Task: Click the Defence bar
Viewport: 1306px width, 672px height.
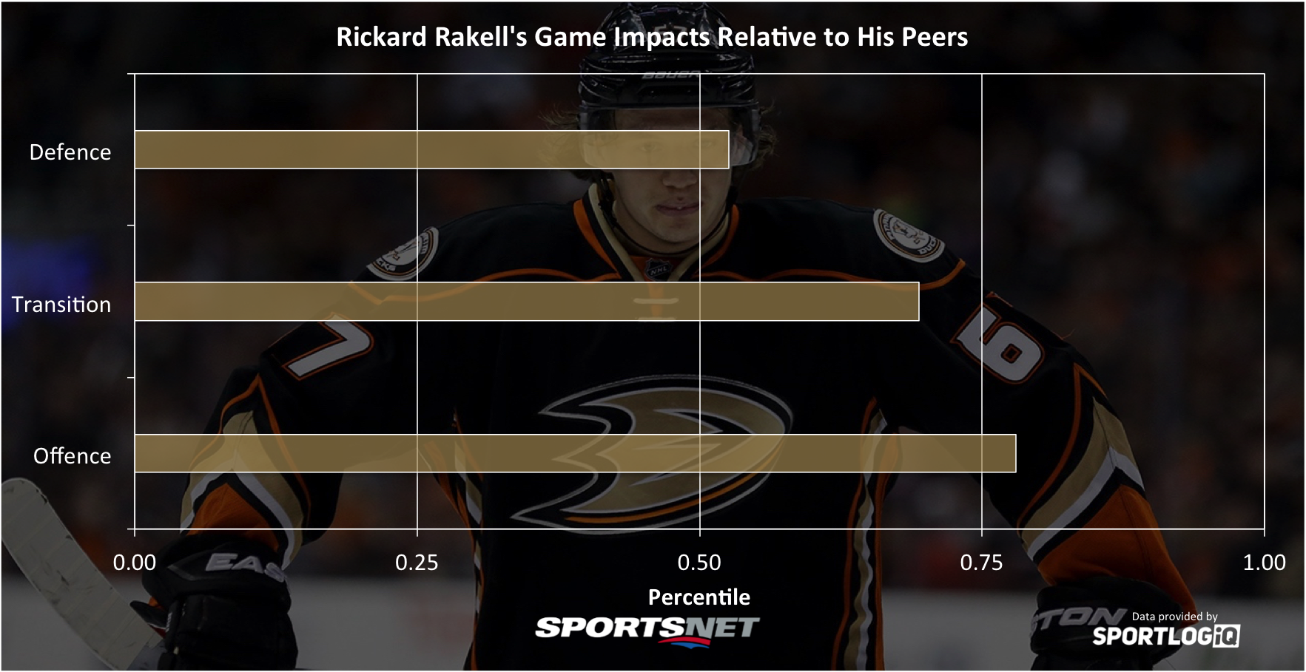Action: click(431, 149)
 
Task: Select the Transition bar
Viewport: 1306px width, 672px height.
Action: click(527, 302)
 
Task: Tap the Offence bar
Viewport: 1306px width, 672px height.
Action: click(575, 453)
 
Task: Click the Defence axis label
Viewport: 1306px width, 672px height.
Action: click(70, 152)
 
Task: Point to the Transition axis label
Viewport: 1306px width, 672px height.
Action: click(61, 304)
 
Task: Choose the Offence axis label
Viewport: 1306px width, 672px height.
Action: click(72, 455)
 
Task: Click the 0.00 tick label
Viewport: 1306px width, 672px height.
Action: click(135, 563)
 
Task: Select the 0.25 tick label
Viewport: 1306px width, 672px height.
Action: click(417, 563)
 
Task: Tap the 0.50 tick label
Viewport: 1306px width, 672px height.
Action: click(699, 563)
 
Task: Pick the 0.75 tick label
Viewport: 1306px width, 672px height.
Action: click(981, 563)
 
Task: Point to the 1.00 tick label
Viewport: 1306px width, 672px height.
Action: click(1264, 563)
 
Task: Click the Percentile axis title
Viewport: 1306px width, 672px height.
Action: click(699, 597)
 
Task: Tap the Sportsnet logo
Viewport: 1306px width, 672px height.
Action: click(647, 630)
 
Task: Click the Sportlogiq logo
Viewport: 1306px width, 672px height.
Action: click(1166, 636)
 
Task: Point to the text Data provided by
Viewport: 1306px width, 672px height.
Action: click(1174, 617)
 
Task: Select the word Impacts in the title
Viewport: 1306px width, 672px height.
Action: click(663, 37)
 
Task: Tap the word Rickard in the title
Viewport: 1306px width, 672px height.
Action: click(382, 37)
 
